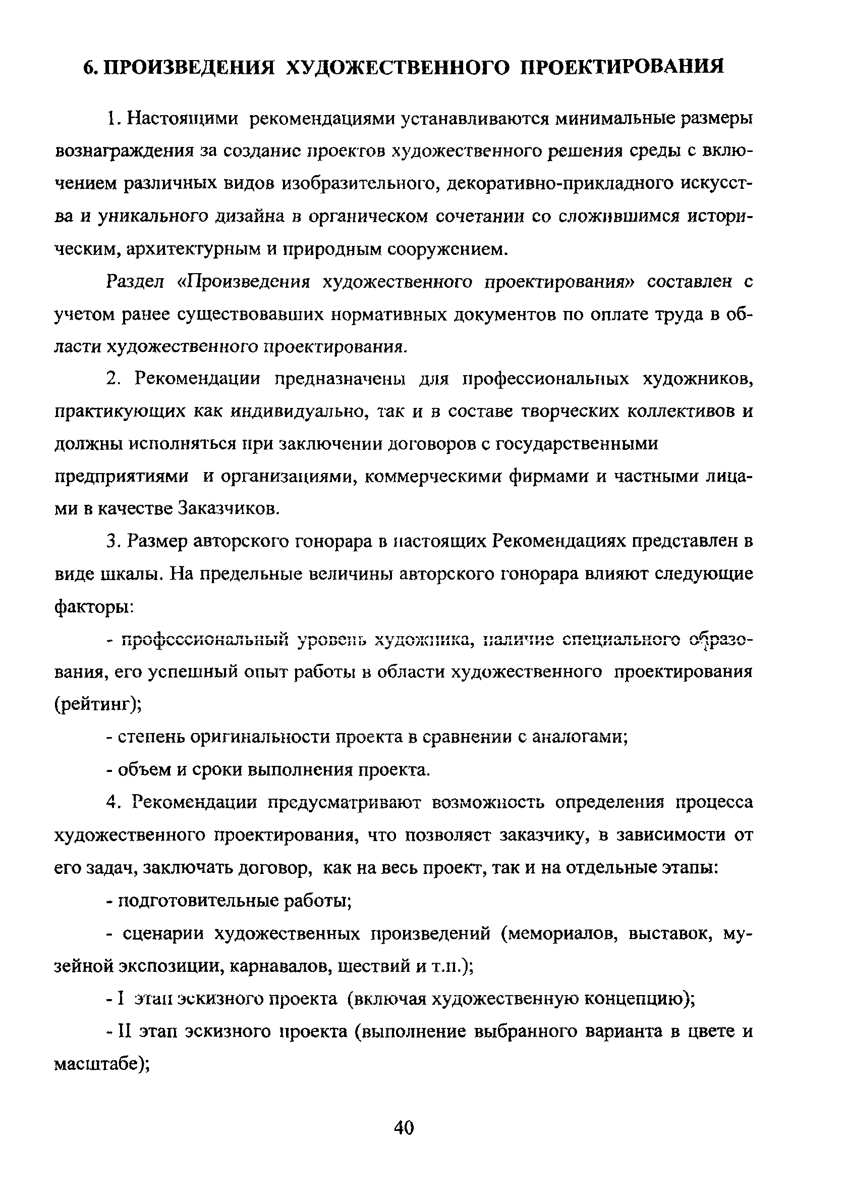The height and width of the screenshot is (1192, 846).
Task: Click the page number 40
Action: click(404, 1128)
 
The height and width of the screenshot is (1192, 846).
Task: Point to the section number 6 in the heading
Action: click(89, 67)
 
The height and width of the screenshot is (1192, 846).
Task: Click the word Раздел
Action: click(135, 282)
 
